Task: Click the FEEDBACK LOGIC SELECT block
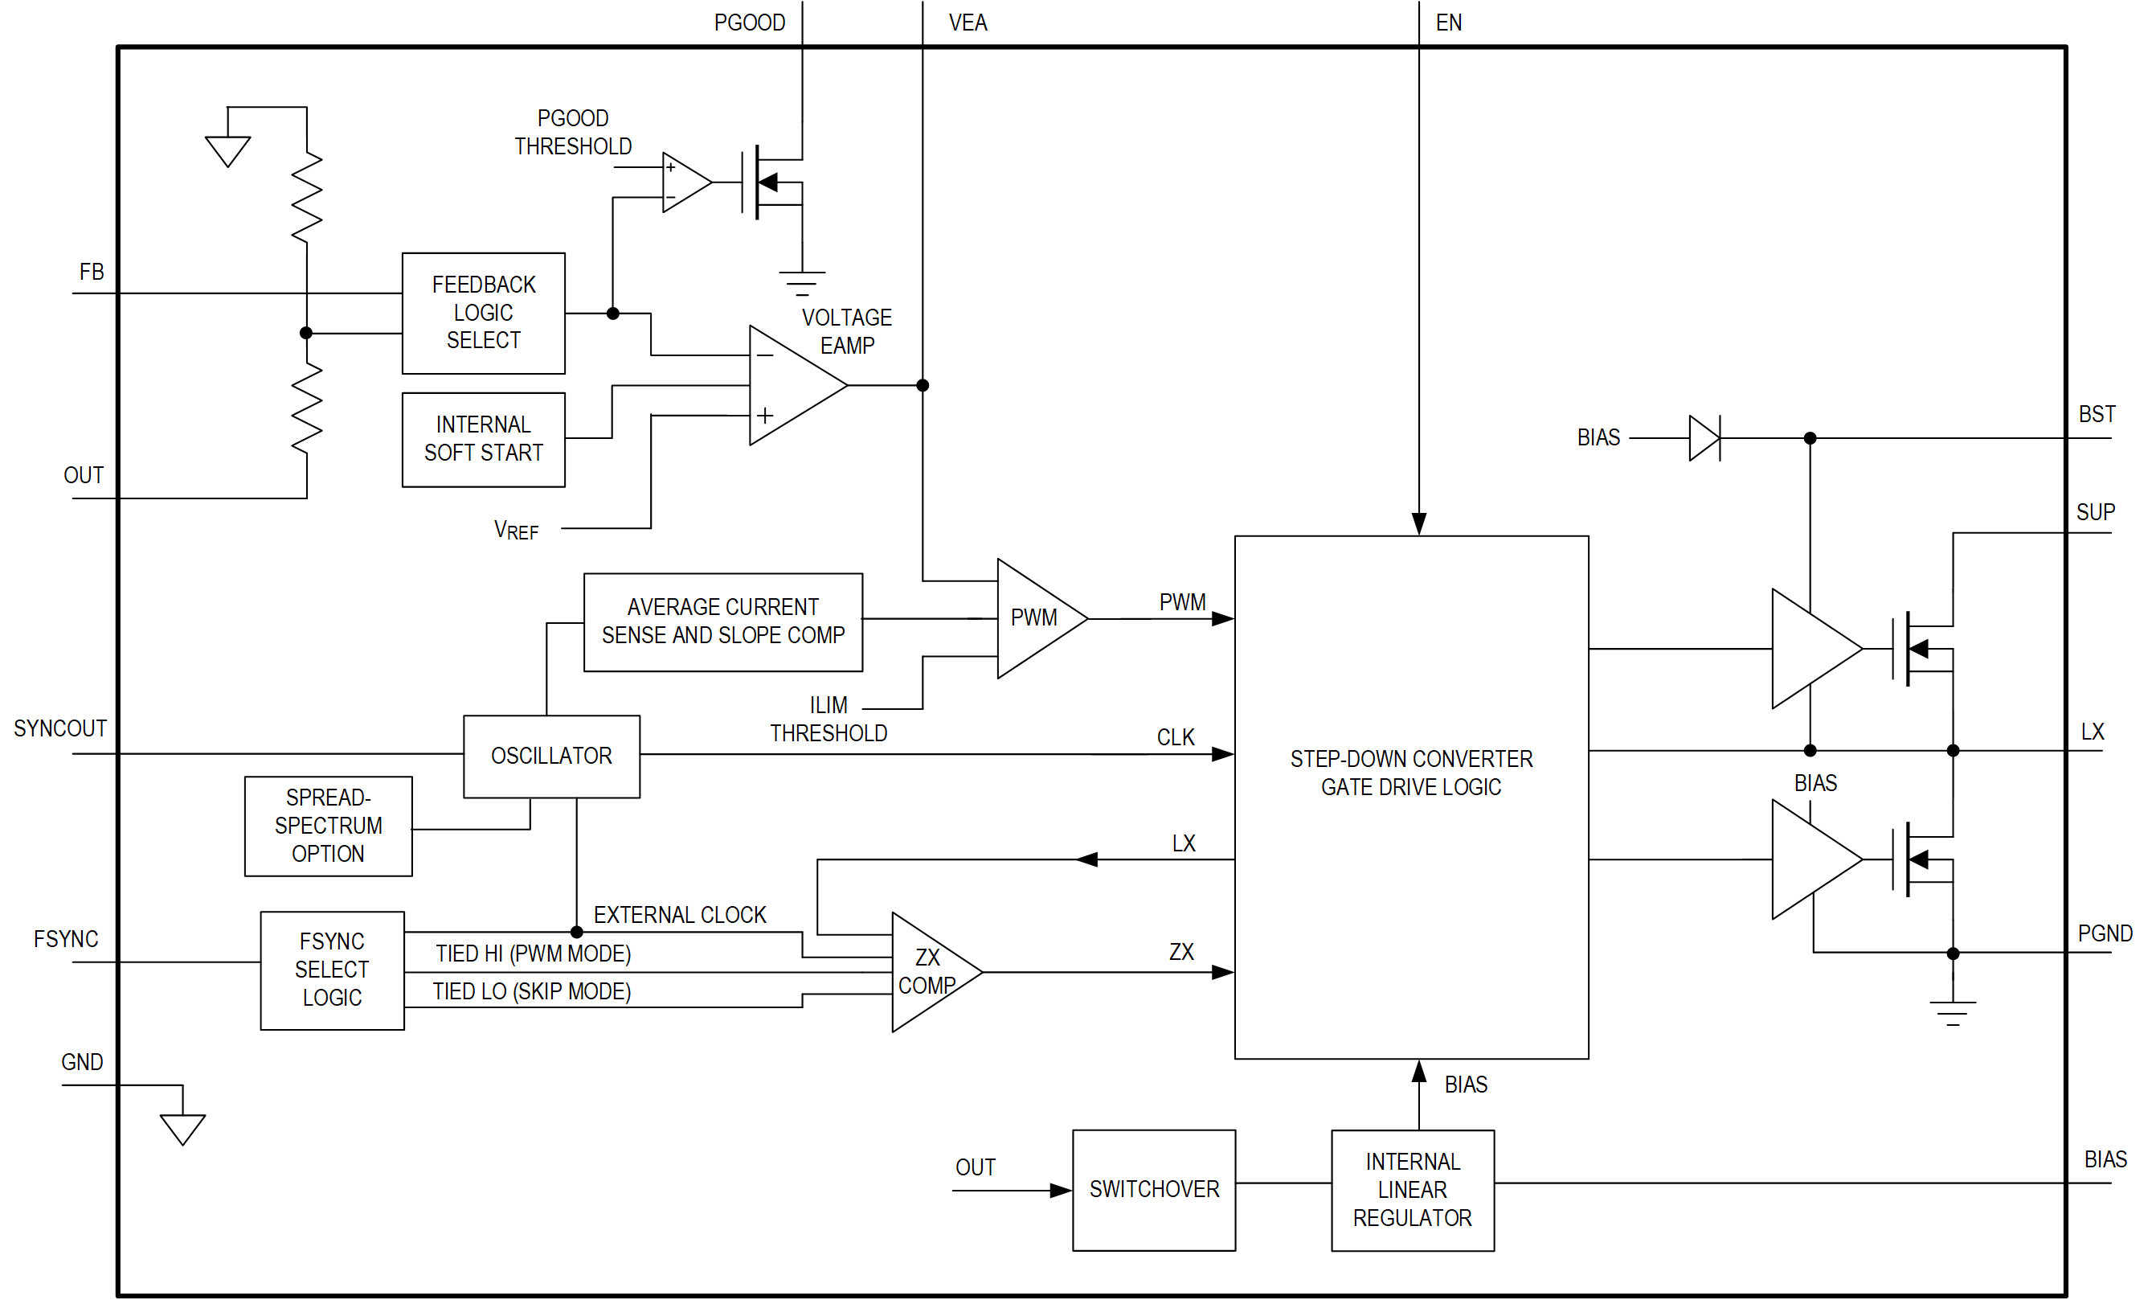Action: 483,313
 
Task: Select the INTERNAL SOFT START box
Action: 483,440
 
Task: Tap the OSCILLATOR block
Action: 551,756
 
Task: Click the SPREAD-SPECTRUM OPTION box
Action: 328,826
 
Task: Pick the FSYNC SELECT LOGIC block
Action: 331,970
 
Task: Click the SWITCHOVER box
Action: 1153,1190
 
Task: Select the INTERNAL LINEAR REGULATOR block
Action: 1412,1190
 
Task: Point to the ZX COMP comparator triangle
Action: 929,972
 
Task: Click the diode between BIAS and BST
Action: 1704,437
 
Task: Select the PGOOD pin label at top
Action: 749,23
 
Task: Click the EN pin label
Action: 1448,23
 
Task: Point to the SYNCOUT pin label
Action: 60,728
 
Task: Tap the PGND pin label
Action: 2105,934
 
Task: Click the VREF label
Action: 516,530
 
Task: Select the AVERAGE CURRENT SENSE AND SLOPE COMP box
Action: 722,621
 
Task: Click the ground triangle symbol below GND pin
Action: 182,1128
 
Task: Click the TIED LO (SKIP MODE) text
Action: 532,991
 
